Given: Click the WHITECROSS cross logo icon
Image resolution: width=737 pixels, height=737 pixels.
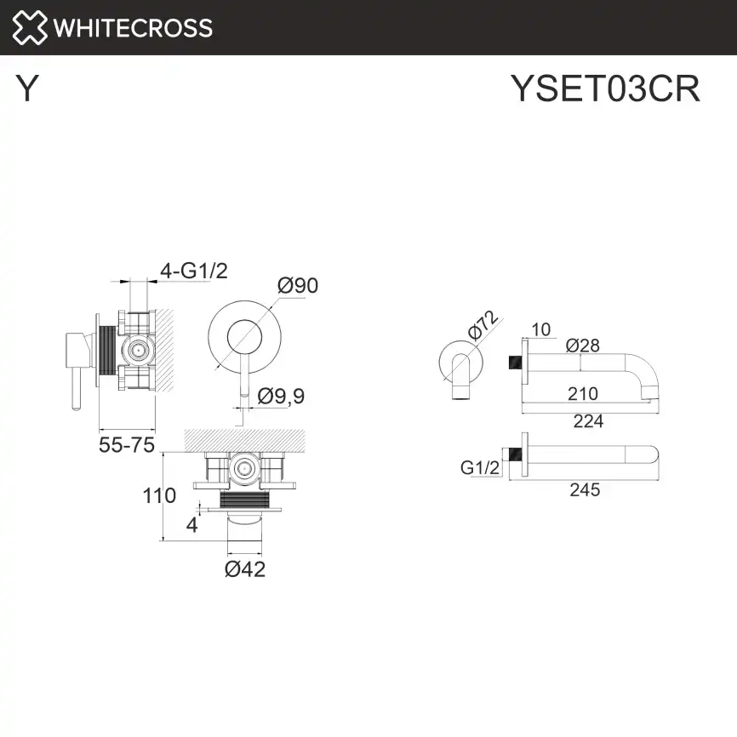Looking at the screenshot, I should coord(30,27).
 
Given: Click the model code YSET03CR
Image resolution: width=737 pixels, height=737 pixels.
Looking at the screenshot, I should coord(605,89).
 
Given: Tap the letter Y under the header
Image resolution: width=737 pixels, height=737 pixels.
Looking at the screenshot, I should coord(27,89).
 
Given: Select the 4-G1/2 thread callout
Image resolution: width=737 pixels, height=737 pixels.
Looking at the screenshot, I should coord(195,271).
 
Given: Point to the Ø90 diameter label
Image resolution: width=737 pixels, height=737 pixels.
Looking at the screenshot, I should coord(298,285).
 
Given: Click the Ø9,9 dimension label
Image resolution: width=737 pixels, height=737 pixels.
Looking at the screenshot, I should coord(280,396).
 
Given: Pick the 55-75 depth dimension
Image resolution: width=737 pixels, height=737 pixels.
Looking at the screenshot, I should coord(127,445).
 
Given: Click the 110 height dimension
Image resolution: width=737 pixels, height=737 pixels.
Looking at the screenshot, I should coord(159,495).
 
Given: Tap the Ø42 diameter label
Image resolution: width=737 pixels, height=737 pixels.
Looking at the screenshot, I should coord(245,569).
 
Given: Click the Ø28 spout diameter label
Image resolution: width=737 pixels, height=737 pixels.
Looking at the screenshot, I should coord(583,345).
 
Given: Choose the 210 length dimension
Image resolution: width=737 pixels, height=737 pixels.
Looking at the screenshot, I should coord(582,393).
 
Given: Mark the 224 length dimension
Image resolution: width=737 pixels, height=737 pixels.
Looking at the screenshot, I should coord(587,420).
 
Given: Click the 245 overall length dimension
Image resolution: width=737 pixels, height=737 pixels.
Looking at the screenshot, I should coord(585,489).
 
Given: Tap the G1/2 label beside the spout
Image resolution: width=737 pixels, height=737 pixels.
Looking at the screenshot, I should coord(479,467).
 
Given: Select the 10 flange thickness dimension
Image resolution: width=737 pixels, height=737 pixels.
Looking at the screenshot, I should coord(541,329).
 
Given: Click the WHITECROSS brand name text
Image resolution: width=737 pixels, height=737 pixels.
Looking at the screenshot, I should coord(133,27).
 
